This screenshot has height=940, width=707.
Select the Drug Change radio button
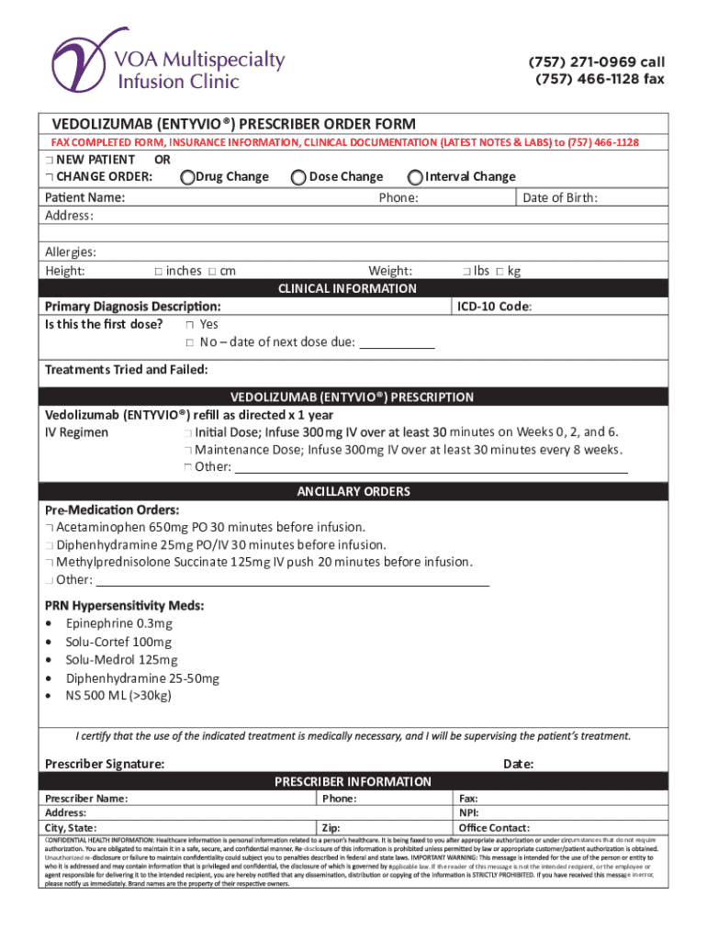point(187,177)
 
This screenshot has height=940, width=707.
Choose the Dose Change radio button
point(297,177)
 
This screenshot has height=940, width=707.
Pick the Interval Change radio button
point(415,177)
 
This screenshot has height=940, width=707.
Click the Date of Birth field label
point(560,197)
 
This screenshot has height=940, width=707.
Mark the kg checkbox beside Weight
point(499,271)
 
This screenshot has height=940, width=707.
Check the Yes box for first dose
point(188,325)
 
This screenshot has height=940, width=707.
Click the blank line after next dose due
point(396,343)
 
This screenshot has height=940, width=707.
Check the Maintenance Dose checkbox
point(187,450)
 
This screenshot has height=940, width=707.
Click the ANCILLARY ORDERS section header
point(353,492)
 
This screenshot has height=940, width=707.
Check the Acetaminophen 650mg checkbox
point(49,528)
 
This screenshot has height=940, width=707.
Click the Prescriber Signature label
point(106,764)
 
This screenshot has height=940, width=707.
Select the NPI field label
point(468,813)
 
